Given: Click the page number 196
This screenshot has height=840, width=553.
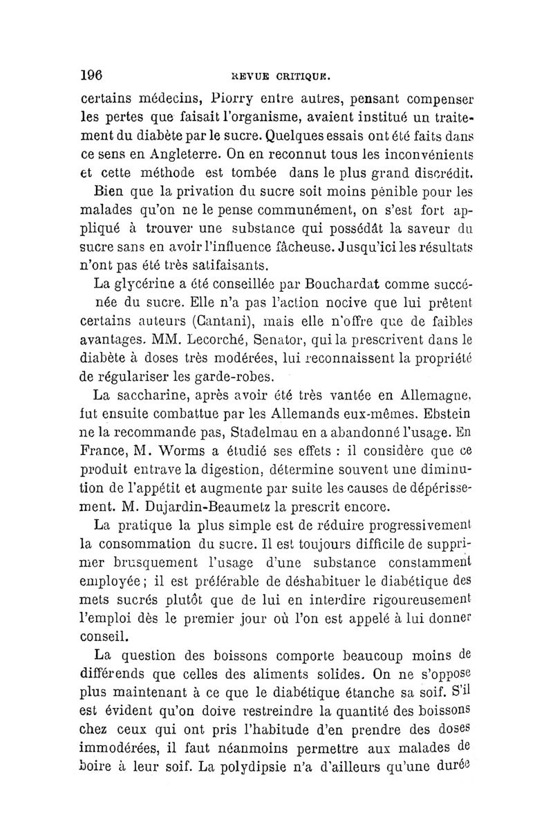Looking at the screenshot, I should click(x=92, y=74).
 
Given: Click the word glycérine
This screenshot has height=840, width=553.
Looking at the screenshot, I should click(x=146, y=283).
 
